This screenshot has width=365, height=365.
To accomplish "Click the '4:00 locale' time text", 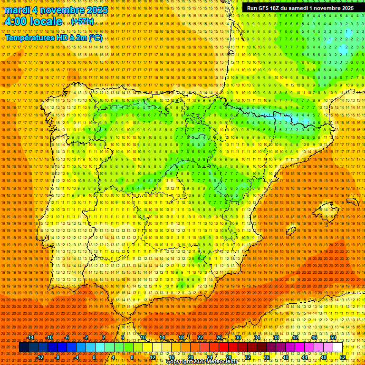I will point(32,21).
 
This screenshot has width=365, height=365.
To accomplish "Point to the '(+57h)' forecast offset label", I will point(83,22).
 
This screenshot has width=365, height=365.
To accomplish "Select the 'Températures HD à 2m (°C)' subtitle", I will point(53,38).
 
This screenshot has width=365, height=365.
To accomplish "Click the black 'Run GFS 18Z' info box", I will point(300,8).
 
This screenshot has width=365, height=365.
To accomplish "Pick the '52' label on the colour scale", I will point(343,357).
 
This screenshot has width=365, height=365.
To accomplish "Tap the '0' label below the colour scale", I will point(94,357).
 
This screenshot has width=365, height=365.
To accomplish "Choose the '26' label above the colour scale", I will point(219,337).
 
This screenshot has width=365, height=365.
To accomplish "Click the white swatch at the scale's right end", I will point(337,347).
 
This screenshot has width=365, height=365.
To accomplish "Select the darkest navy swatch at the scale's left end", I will point(23,347).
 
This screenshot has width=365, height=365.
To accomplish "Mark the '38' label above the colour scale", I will point(276,337).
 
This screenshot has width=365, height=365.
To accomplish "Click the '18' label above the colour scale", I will point(181,337).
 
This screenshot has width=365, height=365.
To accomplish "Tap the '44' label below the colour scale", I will point(305,357).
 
